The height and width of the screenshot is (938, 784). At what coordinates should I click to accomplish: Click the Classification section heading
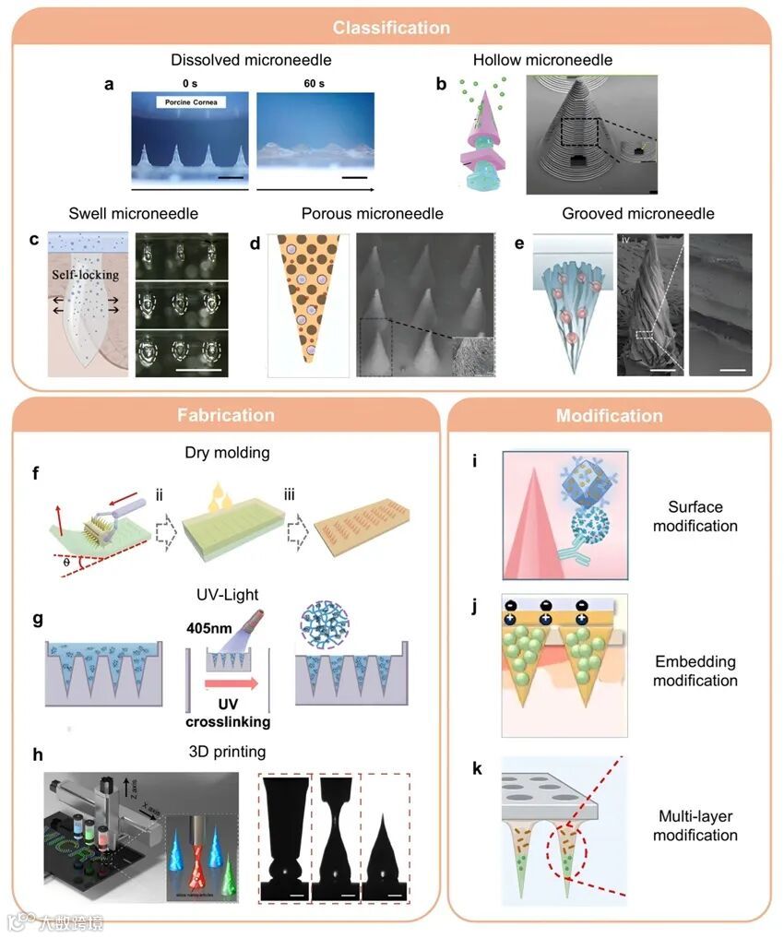point(391,28)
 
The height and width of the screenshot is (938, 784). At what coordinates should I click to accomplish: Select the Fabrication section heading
point(226,415)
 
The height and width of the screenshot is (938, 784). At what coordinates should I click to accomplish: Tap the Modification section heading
point(609,416)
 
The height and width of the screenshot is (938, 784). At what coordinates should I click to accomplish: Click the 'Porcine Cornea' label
point(190,102)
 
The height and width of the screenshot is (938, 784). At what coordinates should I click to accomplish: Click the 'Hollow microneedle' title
point(542,61)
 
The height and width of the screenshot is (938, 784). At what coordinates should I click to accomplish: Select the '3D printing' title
point(226,751)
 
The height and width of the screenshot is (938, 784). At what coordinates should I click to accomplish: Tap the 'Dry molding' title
point(226,454)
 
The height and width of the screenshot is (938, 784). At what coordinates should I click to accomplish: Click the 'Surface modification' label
point(695,516)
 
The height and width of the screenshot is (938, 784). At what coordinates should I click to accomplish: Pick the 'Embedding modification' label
point(695,671)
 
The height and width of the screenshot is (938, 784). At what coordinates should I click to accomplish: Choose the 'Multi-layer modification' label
point(695,825)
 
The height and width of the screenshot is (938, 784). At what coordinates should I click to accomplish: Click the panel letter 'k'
point(478,768)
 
